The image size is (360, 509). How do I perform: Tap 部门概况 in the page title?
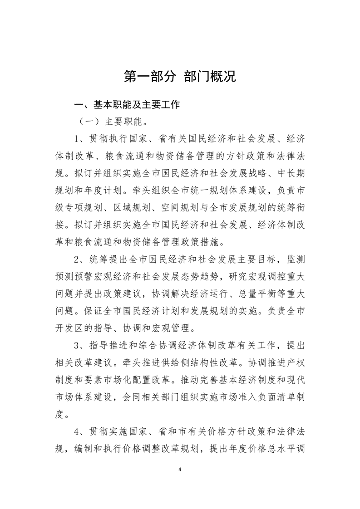coord(210,76)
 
